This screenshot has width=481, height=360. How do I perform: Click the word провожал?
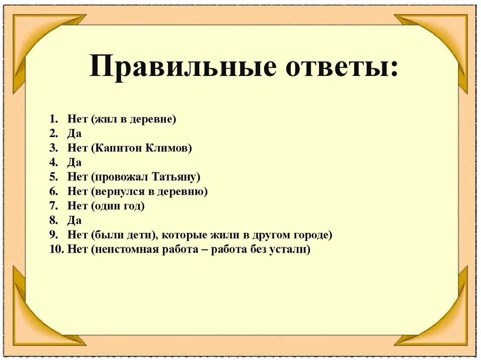[x=120, y=177]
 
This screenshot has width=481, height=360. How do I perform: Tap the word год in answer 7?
[x=133, y=206]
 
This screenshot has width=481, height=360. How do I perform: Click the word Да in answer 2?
[x=74, y=134]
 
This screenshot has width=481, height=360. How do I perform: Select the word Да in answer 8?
[x=74, y=220]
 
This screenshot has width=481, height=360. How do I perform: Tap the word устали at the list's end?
[x=290, y=249]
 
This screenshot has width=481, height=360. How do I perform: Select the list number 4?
[x=53, y=163]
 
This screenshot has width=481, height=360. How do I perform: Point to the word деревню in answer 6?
[x=182, y=191]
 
